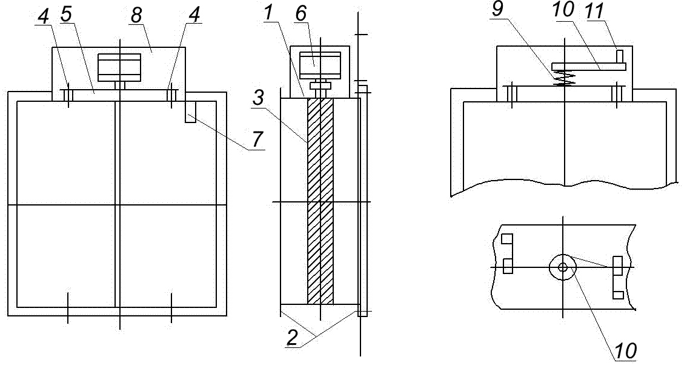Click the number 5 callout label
click(65, 14)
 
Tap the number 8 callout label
click(136, 15)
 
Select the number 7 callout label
click(257, 139)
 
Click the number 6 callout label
click(300, 13)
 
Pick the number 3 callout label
click(259, 98)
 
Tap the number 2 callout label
click(293, 337)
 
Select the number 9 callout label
click(497, 9)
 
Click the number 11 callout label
click(595, 10)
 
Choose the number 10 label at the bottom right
click(626, 351)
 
